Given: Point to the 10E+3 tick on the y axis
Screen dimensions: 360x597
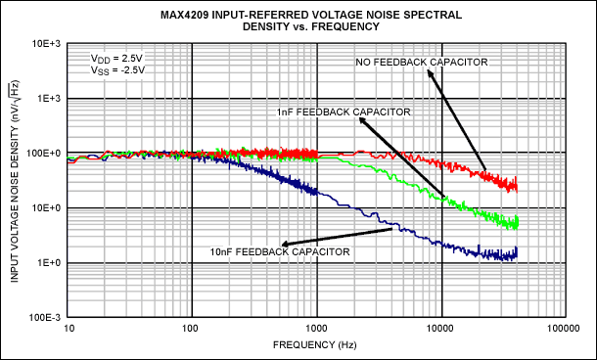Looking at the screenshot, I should [47, 44].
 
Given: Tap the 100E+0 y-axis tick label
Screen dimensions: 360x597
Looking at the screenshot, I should [47, 154].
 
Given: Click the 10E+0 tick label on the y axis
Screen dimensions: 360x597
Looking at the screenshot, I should [48, 208].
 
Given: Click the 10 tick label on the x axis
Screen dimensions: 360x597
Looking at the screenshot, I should [69, 330].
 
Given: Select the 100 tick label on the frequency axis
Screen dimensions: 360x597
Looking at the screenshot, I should [192, 330].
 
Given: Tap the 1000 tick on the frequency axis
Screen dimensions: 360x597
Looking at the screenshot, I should [316, 330].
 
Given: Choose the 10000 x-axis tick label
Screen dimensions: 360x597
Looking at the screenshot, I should [441, 330].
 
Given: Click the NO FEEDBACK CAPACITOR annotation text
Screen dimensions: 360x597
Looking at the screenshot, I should [423, 63].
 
